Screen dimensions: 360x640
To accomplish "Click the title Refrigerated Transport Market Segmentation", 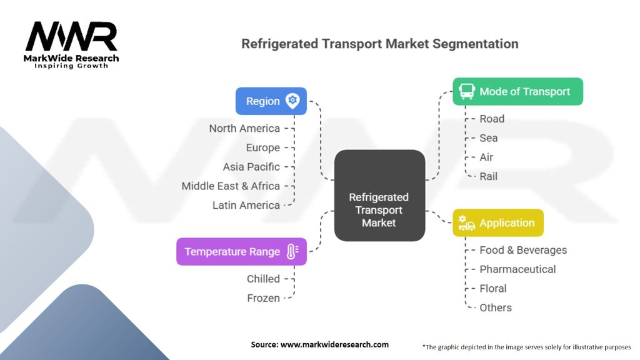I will [379, 44].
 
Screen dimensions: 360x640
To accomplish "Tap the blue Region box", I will [271, 101].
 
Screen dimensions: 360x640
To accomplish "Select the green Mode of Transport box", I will [517, 91].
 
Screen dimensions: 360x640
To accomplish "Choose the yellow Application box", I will [498, 223].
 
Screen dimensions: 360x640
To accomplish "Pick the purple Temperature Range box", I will [241, 252].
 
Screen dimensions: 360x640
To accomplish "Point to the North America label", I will [244, 129].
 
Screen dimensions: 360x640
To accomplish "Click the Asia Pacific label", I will [251, 167].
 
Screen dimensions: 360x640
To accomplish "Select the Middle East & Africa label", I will [231, 186].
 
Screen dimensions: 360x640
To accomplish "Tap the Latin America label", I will [246, 205].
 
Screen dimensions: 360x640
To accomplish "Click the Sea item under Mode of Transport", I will [489, 138].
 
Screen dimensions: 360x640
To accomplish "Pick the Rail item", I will [489, 176].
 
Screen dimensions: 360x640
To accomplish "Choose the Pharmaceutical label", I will [517, 269].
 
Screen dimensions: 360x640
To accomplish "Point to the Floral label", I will [493, 288].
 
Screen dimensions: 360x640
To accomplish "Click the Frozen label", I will [263, 298].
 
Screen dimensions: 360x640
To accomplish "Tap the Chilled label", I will [263, 279].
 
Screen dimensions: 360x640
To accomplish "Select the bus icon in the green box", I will [467, 92].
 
